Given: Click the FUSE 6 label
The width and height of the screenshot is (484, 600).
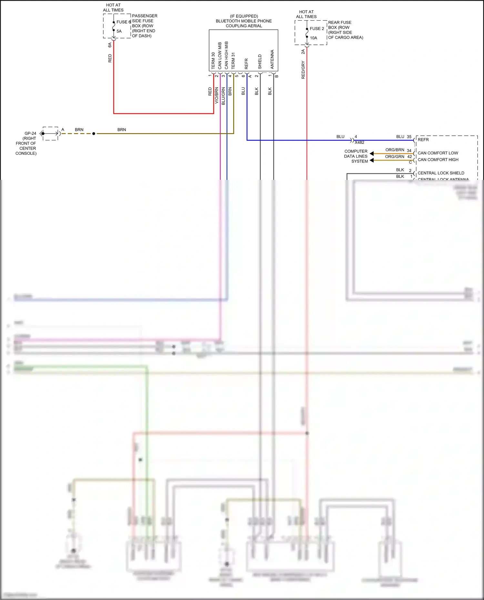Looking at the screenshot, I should click(124, 22).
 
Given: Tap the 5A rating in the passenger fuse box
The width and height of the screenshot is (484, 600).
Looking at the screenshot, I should click(119, 31).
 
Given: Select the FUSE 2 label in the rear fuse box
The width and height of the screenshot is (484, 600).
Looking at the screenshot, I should click(317, 29).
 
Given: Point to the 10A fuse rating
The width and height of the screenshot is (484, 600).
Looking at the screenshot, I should click(314, 38).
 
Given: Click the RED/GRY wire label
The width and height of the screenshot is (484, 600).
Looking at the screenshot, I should click(303, 70).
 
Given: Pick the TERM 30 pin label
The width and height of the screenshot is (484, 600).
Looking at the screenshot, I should click(213, 61).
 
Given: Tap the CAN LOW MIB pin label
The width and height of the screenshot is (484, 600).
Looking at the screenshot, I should click(220, 55).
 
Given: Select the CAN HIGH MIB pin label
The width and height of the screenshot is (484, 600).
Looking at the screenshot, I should click(226, 55).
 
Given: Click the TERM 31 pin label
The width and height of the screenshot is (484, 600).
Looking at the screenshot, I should click(233, 61).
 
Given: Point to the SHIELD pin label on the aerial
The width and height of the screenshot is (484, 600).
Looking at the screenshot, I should click(260, 62).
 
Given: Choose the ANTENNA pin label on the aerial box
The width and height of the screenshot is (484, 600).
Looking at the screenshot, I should click(272, 59).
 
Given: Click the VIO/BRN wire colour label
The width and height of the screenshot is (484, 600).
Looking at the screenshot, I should click(217, 95).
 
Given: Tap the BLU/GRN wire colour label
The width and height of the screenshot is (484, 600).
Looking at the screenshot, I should click(223, 96).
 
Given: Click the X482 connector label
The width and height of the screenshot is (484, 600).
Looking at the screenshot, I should click(359, 143).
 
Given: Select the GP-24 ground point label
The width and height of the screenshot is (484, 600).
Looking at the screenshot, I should click(30, 133).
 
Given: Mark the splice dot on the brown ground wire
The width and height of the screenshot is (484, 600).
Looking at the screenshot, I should click(94, 133).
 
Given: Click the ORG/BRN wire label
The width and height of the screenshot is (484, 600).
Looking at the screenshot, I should click(395, 150).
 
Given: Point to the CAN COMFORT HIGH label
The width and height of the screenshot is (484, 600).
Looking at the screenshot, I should click(438, 160).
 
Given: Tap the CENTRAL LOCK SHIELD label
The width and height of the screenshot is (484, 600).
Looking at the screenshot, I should click(441, 173).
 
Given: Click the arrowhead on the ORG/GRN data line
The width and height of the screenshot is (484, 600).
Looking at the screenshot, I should click(372, 160).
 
